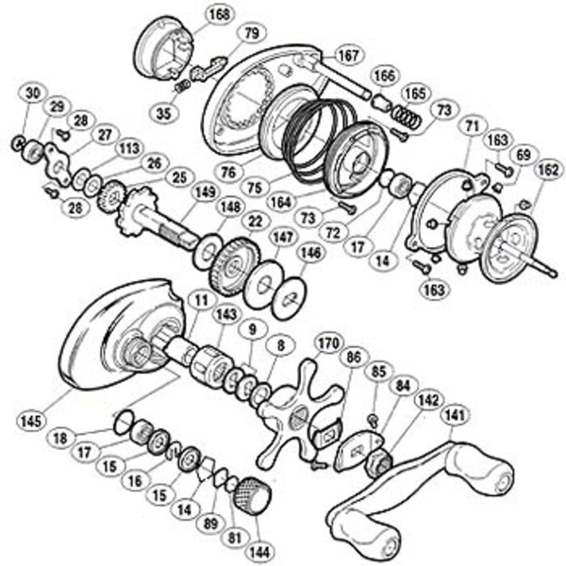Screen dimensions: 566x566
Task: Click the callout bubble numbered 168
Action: (x=220, y=15)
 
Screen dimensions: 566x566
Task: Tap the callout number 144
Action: (x=259, y=553)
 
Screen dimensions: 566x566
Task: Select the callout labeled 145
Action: (x=31, y=421)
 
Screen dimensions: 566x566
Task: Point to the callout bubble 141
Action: (x=456, y=416)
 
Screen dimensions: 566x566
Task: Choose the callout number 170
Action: (x=328, y=343)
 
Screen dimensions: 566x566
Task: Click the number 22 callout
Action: (x=255, y=221)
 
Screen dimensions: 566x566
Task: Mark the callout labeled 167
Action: (x=349, y=56)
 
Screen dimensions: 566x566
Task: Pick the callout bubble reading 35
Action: (x=163, y=113)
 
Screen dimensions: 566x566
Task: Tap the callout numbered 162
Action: (x=548, y=170)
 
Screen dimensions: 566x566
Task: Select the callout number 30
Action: (x=33, y=93)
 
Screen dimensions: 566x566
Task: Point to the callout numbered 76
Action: (x=228, y=173)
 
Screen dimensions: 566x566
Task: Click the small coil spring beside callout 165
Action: (x=407, y=117)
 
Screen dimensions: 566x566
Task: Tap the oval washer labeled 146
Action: (x=290, y=298)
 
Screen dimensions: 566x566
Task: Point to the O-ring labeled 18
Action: (x=123, y=423)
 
